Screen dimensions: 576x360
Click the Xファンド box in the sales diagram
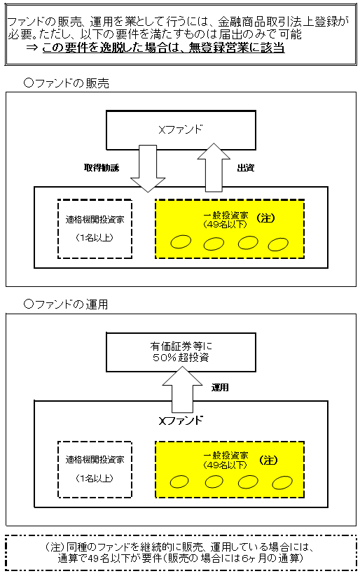tap(181, 130)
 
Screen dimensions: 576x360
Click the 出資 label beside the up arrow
tap(245, 168)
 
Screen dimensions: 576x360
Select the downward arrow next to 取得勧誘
tap(148, 167)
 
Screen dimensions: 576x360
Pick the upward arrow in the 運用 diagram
tap(181, 392)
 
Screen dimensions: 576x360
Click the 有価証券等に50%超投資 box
tap(181, 351)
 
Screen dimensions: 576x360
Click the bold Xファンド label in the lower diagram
tap(181, 421)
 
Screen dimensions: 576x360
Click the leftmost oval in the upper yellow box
tap(181, 242)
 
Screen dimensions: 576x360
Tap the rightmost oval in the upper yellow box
tap(278, 244)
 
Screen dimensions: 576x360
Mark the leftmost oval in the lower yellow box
tap(181, 482)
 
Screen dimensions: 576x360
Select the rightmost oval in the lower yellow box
tap(282, 482)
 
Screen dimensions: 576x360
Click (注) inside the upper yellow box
tap(267, 218)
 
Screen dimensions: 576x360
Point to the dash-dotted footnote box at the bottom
tap(181, 554)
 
